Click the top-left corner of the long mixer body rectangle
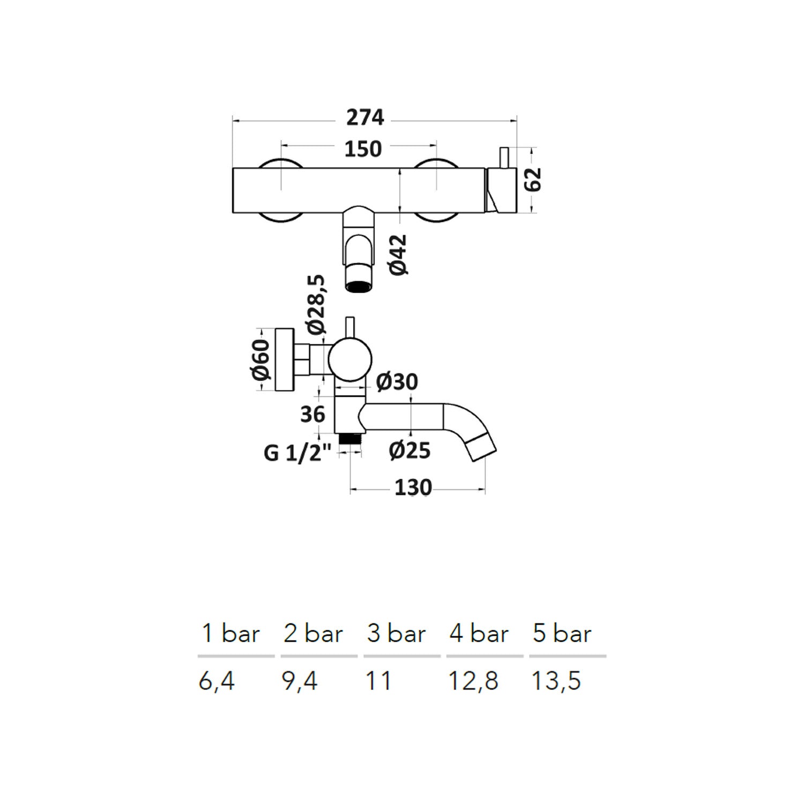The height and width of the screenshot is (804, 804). (x=233, y=168)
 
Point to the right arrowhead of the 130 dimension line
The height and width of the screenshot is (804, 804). (x=482, y=489)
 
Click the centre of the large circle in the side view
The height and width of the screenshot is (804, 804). (x=351, y=360)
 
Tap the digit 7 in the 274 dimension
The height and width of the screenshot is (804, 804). (x=366, y=117)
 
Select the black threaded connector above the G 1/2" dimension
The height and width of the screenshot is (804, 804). (x=351, y=438)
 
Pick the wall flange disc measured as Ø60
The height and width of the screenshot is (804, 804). (x=284, y=359)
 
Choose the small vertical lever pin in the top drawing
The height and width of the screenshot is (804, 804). (x=504, y=158)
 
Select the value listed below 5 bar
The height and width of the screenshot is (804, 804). (x=556, y=681)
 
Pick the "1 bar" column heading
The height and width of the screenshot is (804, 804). (x=231, y=634)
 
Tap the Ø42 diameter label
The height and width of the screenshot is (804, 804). (x=398, y=255)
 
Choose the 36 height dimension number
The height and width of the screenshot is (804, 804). (x=312, y=414)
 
